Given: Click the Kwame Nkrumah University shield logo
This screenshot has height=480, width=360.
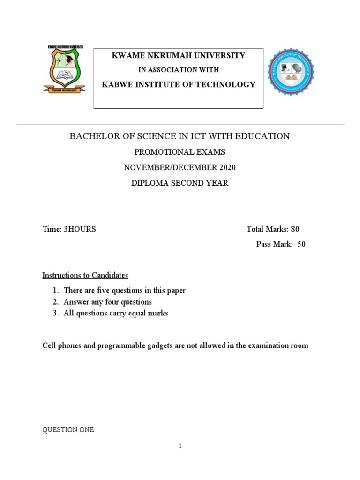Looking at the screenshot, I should tap(64, 70).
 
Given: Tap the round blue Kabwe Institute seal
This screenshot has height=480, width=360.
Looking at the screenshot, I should tap(290, 71).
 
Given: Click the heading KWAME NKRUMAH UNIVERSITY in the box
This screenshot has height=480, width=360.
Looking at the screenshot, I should tap(178, 56).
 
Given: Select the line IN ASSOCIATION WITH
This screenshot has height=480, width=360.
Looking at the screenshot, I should tap(178, 70).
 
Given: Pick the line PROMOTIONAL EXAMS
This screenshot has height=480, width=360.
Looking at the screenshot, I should tap(180, 152).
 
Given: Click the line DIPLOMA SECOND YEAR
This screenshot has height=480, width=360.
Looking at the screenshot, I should tap(180, 183).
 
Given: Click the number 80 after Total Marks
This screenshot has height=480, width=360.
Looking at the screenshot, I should tap(295, 229).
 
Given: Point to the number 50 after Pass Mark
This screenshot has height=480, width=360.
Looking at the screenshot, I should tap(301, 244).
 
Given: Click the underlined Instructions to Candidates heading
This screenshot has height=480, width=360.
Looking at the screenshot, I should tap(85, 275).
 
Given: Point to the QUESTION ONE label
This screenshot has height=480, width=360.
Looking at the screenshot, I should tap(68, 429).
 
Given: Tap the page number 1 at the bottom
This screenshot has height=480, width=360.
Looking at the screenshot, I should tap(180, 446).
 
